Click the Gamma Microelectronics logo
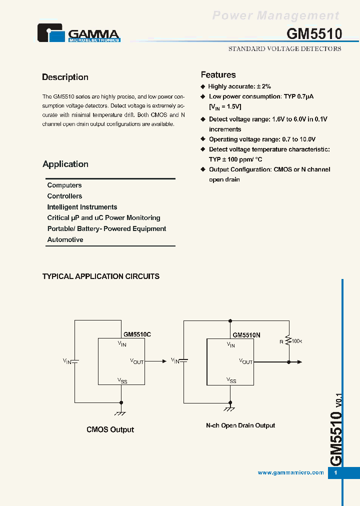coord(79,33)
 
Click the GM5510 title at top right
coord(314,34)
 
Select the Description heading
coord(65,77)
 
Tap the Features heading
coord(218,75)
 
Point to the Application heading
coord(65,164)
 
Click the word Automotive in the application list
coord(65,240)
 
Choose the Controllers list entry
coord(64,196)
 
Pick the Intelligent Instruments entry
coord(82,207)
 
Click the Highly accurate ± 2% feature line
coord(239,86)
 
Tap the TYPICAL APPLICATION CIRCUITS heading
coord(101,276)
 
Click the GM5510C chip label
coord(137,334)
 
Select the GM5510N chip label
coord(246,335)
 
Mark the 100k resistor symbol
coord(288,341)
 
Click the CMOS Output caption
coord(110,429)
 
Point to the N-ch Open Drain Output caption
coord(240,425)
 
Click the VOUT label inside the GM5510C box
coord(137,361)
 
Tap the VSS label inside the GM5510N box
coord(231,380)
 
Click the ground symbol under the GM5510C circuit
coord(120,413)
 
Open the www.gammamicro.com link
coord(290,473)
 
